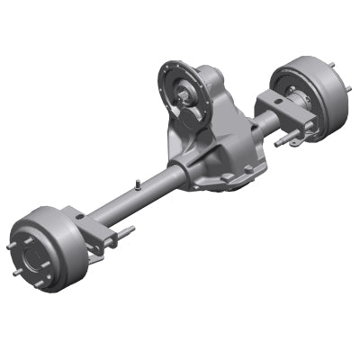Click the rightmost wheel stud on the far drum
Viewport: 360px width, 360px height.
point(347,87)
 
